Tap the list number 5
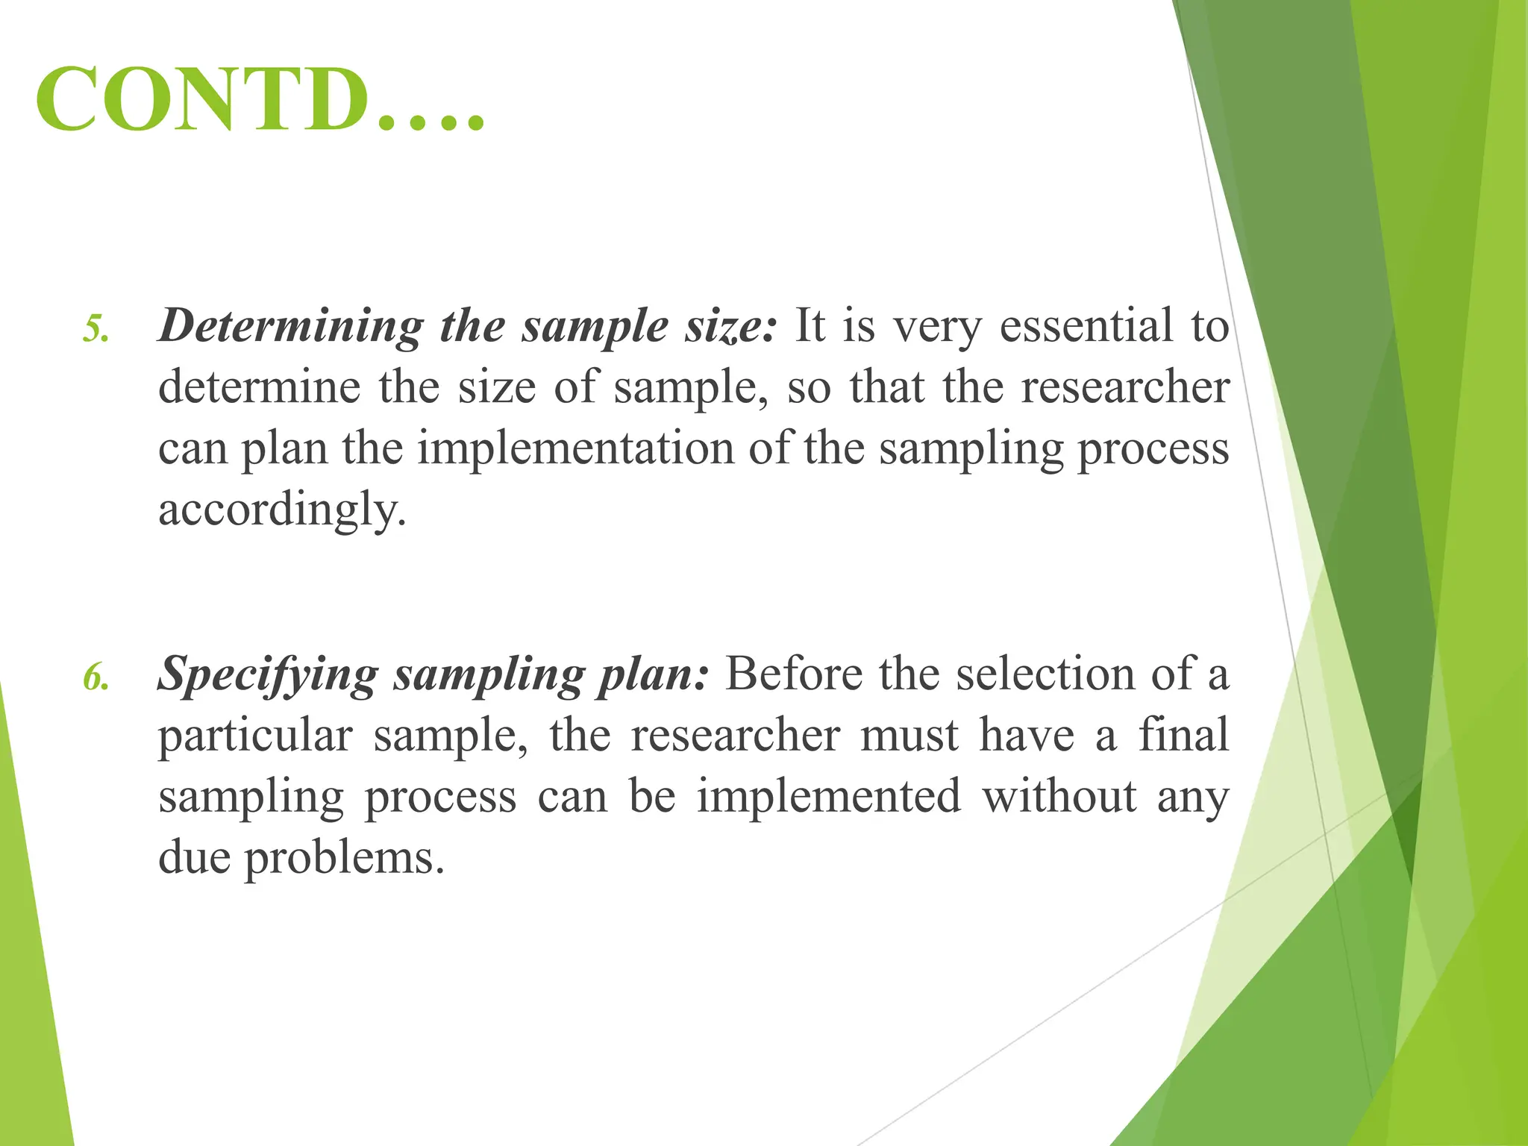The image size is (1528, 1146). coord(95,329)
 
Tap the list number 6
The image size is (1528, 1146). coord(95,677)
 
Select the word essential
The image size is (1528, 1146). coord(1086,326)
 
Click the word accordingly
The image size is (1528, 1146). coord(282,510)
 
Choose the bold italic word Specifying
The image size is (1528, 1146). coord(268,675)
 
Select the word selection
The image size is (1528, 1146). coord(1045,674)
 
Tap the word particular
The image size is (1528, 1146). coord(255,736)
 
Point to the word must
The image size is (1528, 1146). coord(909,735)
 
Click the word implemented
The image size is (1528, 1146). coord(829,796)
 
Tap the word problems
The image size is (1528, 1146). coord(344,858)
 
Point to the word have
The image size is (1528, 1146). coord(1027,735)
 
